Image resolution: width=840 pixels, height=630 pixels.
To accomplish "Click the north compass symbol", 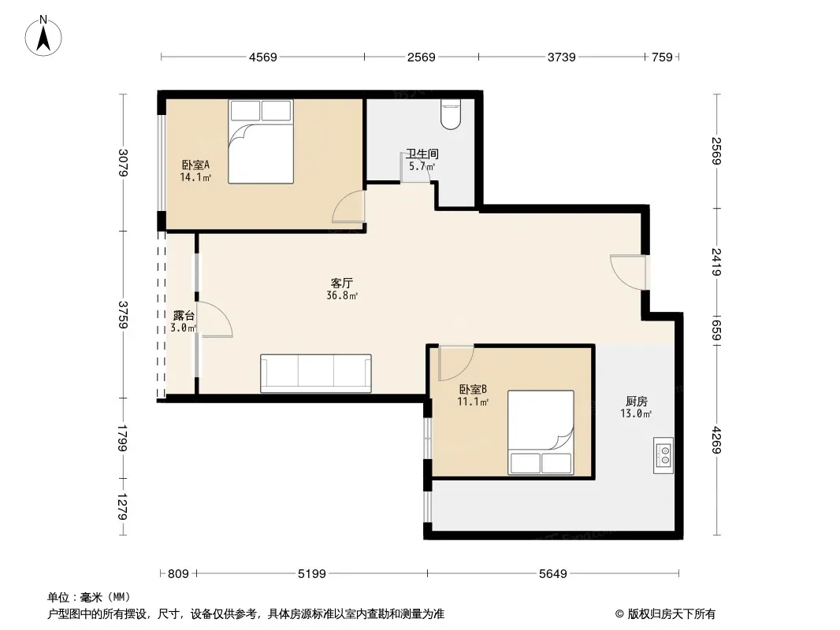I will pyautogui.click(x=45, y=35).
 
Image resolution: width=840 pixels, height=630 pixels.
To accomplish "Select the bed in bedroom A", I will pyautogui.click(x=261, y=142).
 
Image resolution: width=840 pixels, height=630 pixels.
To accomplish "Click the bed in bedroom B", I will pyautogui.click(x=540, y=432).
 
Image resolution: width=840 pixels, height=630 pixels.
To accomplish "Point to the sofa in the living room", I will pyautogui.click(x=316, y=373).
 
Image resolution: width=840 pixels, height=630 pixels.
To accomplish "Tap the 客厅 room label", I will pyautogui.click(x=341, y=283).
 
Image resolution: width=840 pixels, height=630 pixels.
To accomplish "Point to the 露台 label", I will pyautogui.click(x=184, y=316).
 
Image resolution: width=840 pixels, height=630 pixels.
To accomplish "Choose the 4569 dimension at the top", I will pyautogui.click(x=262, y=57).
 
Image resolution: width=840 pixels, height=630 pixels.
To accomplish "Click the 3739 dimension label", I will pyautogui.click(x=561, y=57).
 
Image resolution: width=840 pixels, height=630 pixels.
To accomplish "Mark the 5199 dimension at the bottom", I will pyautogui.click(x=312, y=574).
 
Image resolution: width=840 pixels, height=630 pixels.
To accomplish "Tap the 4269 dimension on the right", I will pyautogui.click(x=716, y=439).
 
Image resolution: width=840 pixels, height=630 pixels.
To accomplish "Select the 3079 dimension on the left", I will pyautogui.click(x=123, y=163).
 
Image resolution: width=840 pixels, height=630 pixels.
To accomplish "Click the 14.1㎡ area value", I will pyautogui.click(x=195, y=177).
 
